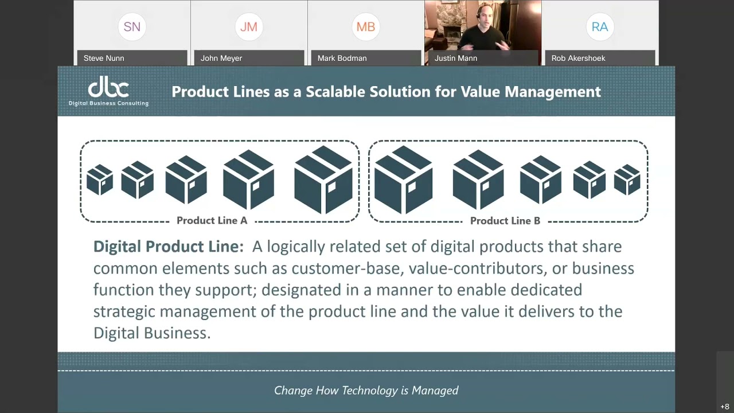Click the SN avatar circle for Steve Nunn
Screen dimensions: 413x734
[x=132, y=27]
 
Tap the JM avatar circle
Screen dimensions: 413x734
[x=249, y=27]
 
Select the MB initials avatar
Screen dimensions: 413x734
[x=366, y=27]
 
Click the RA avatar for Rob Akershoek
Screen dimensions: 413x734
[x=600, y=27]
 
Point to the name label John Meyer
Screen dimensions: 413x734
[x=221, y=58]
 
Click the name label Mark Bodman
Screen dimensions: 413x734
[x=342, y=58]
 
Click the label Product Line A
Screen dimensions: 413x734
[x=212, y=221]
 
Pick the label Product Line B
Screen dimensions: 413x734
[x=505, y=221]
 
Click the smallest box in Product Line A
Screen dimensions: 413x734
[x=100, y=180]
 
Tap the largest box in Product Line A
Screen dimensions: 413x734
[x=323, y=180]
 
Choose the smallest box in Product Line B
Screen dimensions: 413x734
[x=627, y=180]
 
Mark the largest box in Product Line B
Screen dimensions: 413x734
[x=403, y=180]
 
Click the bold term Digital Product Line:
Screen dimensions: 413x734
[x=169, y=247]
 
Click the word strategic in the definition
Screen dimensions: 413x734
[x=124, y=311]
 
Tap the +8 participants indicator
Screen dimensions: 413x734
[x=725, y=407]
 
